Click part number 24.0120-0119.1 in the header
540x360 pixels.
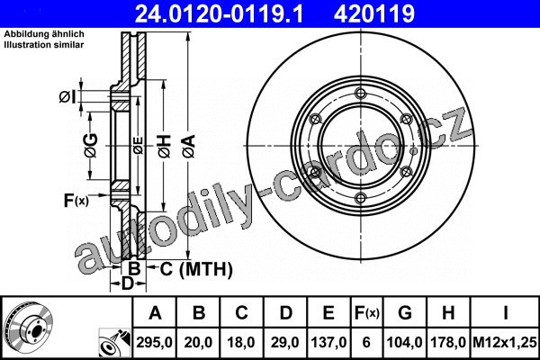219,13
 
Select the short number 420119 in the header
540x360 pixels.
374,13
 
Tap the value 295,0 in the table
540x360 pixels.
154,342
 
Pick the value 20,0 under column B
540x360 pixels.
198,342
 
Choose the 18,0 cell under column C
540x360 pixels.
241,342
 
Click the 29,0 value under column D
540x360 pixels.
285,342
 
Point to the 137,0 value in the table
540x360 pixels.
328,342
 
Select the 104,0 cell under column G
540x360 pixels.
404,342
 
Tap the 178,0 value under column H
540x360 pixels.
448,342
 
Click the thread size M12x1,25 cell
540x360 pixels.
505,342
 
